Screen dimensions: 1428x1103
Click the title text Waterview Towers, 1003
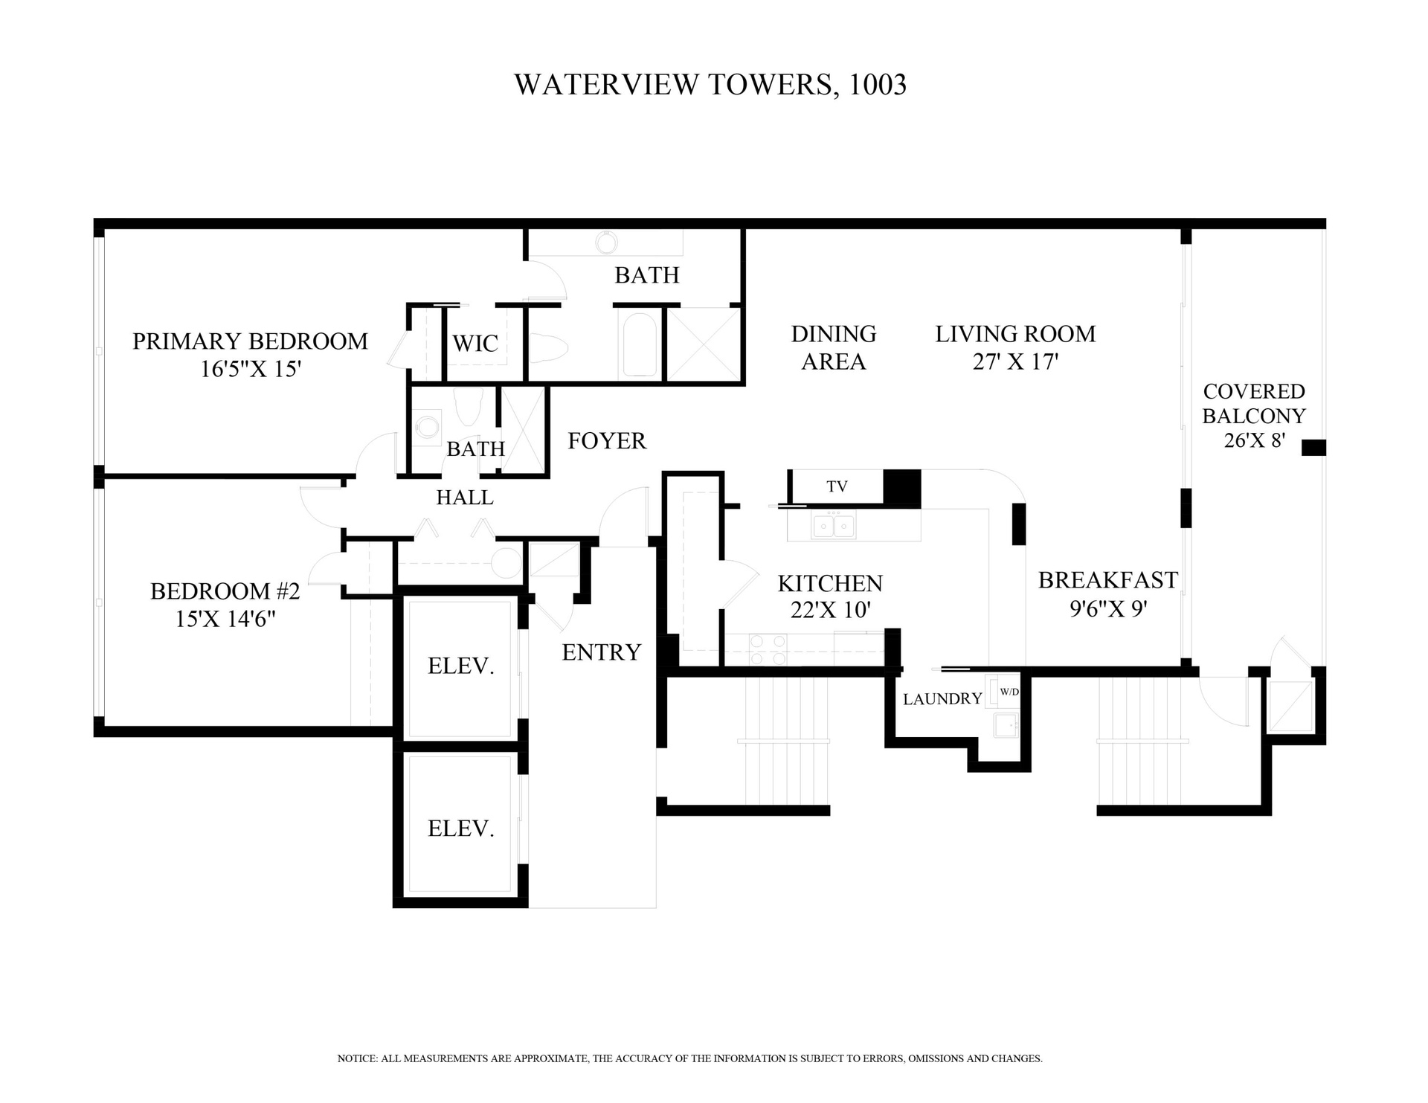(x=710, y=85)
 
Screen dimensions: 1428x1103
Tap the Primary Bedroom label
(x=250, y=341)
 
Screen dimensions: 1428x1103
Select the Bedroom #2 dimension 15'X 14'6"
(x=225, y=619)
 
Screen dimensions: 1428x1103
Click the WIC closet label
(x=475, y=344)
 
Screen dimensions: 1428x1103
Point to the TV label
(x=837, y=486)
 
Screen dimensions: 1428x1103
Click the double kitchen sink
(x=833, y=525)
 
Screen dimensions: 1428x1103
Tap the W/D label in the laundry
(x=1009, y=692)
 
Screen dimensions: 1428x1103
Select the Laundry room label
(x=942, y=699)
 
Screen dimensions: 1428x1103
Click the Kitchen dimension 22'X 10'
(x=830, y=610)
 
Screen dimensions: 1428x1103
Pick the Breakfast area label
(x=1107, y=580)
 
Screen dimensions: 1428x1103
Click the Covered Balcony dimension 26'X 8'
(x=1254, y=441)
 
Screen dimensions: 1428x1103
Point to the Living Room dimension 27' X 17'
(x=1015, y=361)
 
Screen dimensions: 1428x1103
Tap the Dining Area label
(x=834, y=348)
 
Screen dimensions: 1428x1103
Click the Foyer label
(x=607, y=441)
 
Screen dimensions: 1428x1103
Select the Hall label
(x=465, y=498)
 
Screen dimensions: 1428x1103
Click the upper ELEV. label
(x=460, y=666)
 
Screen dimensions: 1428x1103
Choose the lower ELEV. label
(x=460, y=829)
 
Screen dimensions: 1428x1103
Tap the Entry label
(x=601, y=652)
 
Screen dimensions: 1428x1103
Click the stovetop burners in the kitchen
(x=768, y=649)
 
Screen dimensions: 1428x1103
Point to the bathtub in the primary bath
(x=640, y=345)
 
